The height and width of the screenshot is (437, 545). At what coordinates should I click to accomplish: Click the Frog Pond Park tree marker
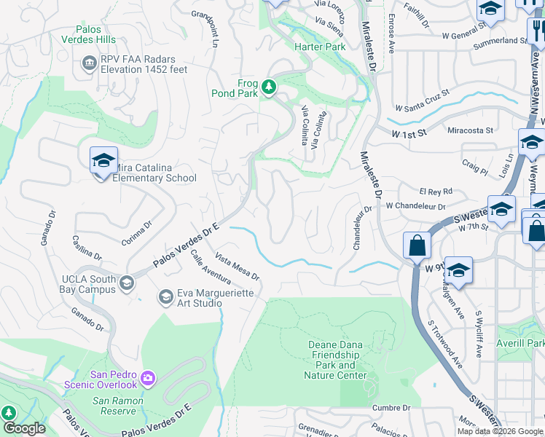270,87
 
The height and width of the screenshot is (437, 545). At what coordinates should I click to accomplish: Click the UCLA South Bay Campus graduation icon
127,283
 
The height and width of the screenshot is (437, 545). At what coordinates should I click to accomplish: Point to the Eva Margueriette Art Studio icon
165,296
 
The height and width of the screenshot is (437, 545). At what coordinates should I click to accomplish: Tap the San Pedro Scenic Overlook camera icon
148,377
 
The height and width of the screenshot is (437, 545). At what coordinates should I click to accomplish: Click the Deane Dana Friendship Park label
336,360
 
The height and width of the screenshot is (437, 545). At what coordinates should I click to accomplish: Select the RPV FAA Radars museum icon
90,64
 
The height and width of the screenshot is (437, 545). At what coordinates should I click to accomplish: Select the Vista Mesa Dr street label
238,267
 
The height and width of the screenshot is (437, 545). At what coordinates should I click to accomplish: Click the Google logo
24,428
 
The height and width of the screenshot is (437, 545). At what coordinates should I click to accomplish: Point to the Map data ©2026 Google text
500,431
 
